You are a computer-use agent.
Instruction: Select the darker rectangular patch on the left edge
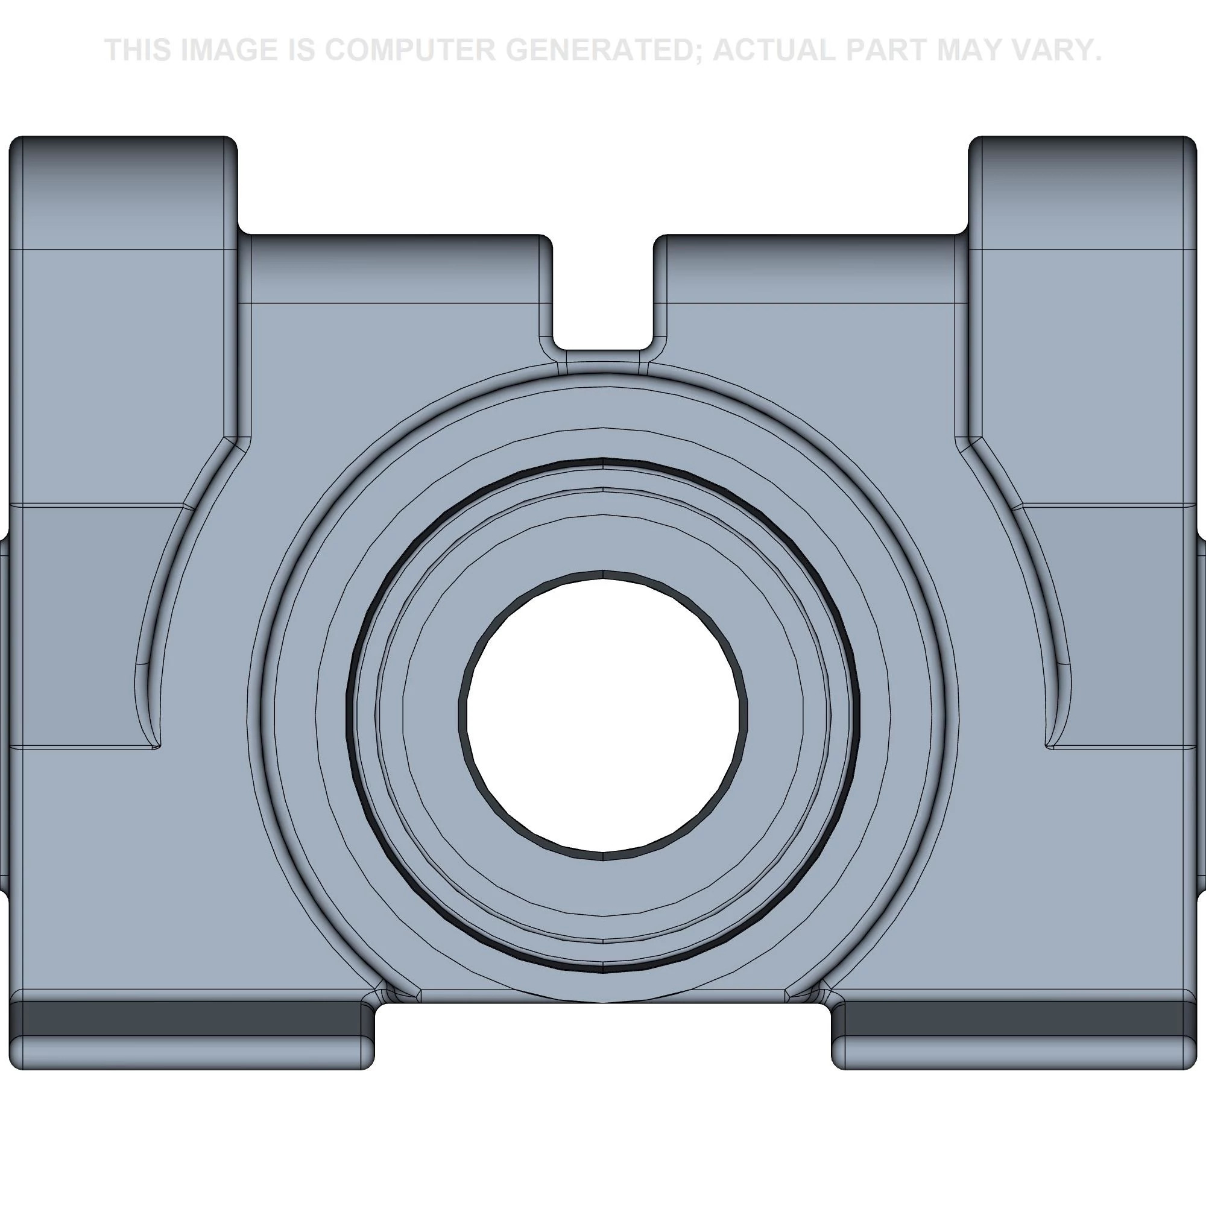click(81, 624)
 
